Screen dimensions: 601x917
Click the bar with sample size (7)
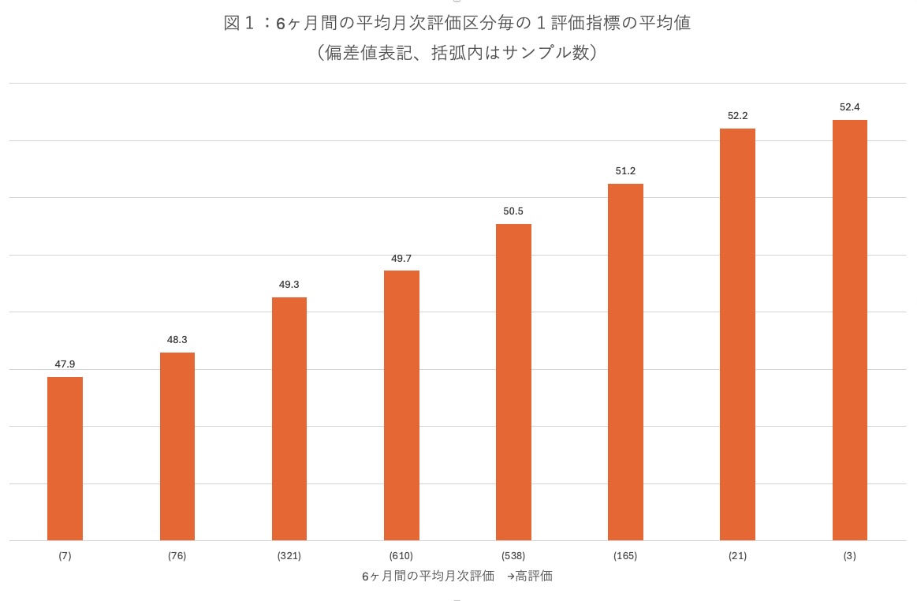pyautogui.click(x=65, y=458)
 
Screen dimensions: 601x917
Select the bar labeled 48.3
pyautogui.click(x=177, y=446)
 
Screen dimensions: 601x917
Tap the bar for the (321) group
pyautogui.click(x=289, y=419)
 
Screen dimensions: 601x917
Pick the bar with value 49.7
pyautogui.click(x=401, y=405)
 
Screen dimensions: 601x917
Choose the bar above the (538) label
pyautogui.click(x=513, y=383)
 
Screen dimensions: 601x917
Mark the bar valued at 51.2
pyautogui.click(x=625, y=362)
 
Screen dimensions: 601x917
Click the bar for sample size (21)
pyautogui.click(x=737, y=334)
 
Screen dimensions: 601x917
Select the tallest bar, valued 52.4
pyautogui.click(x=849, y=330)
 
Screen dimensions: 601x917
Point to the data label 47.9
pyautogui.click(x=65, y=364)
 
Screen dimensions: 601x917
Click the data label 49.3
pyautogui.click(x=289, y=285)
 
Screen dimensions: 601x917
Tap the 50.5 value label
pyautogui.click(x=513, y=211)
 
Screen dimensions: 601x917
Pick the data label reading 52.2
pyautogui.click(x=737, y=116)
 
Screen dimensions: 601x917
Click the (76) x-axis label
pyautogui.click(x=177, y=556)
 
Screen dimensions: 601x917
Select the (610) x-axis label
pyautogui.click(x=401, y=556)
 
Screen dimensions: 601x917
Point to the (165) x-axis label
pyautogui.click(x=625, y=556)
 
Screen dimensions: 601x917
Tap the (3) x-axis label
pyautogui.click(x=849, y=556)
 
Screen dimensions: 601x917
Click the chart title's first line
pyautogui.click(x=457, y=24)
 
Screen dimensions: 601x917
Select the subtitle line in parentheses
pyautogui.click(x=457, y=54)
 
